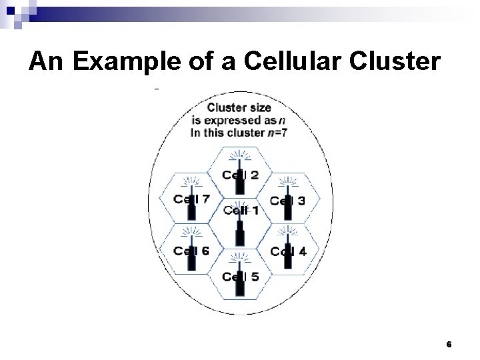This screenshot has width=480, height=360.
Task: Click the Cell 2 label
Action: click(x=240, y=175)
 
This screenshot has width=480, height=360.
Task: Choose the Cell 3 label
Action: click(x=288, y=200)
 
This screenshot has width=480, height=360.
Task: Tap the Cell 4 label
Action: click(x=288, y=251)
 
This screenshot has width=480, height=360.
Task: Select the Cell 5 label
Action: click(x=240, y=277)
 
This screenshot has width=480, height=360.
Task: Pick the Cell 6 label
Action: click(x=191, y=251)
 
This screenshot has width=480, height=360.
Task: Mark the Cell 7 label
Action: click(x=191, y=199)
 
